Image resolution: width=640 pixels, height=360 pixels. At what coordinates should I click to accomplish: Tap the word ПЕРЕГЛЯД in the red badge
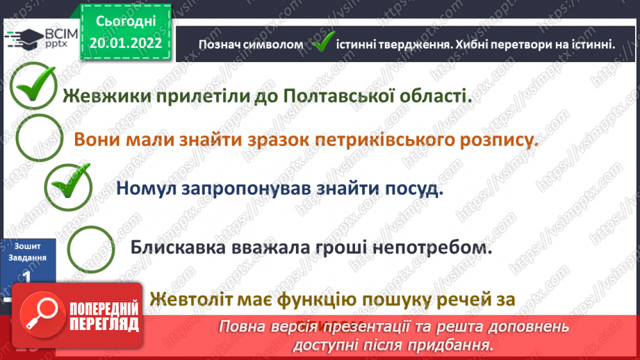[x=104, y=324]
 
